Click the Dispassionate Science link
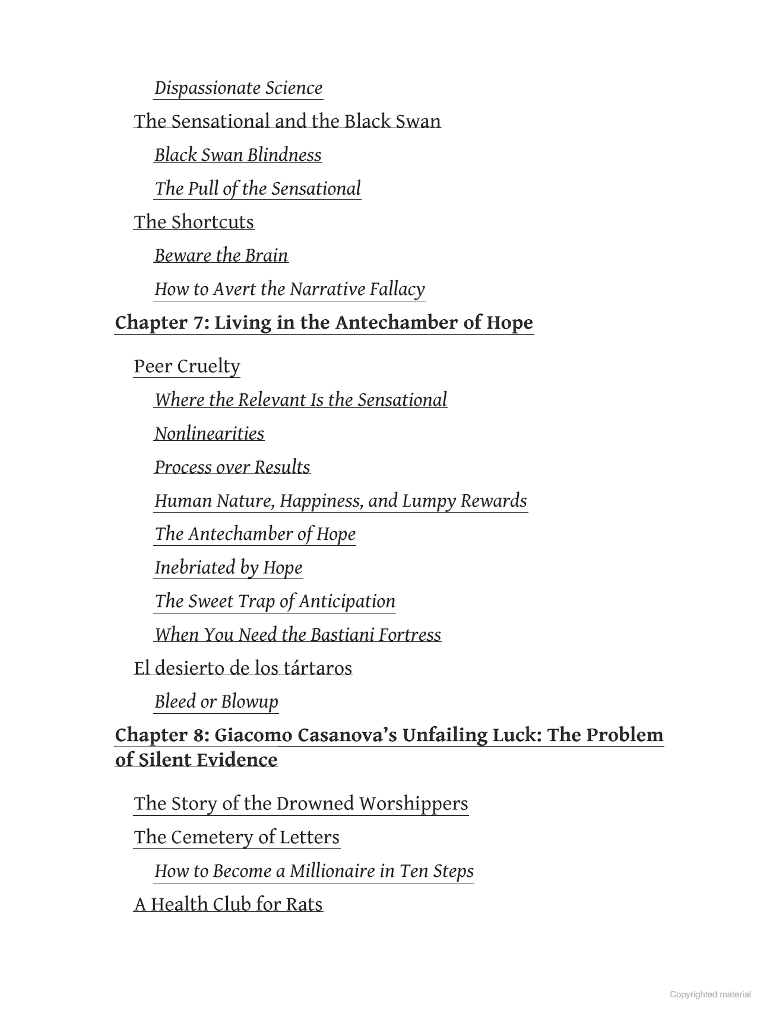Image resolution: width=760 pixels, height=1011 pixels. [238, 88]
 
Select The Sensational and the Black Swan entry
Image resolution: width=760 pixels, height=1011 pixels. [287, 121]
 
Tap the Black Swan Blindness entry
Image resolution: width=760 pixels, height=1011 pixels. [238, 155]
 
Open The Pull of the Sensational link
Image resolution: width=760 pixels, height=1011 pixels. [258, 189]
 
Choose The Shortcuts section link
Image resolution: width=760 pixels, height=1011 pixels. [194, 222]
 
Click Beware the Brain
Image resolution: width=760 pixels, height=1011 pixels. [221, 256]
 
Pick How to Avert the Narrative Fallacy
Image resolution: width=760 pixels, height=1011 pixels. [290, 290]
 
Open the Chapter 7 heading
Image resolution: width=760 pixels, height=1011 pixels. [324, 323]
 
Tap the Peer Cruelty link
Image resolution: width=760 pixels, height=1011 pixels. [186, 366]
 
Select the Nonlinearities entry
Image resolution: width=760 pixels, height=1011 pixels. [210, 434]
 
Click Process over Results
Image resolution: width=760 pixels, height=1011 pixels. [232, 468]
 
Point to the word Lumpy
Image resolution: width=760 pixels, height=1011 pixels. [429, 501]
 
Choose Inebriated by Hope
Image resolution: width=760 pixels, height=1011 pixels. [229, 568]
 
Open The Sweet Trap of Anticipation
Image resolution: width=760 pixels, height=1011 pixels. [275, 602]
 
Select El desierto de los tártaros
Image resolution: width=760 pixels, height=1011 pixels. [243, 668]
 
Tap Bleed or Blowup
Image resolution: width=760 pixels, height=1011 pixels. [216, 702]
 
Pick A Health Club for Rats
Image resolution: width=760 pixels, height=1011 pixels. [229, 904]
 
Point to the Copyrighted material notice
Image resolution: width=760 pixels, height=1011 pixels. [710, 994]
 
